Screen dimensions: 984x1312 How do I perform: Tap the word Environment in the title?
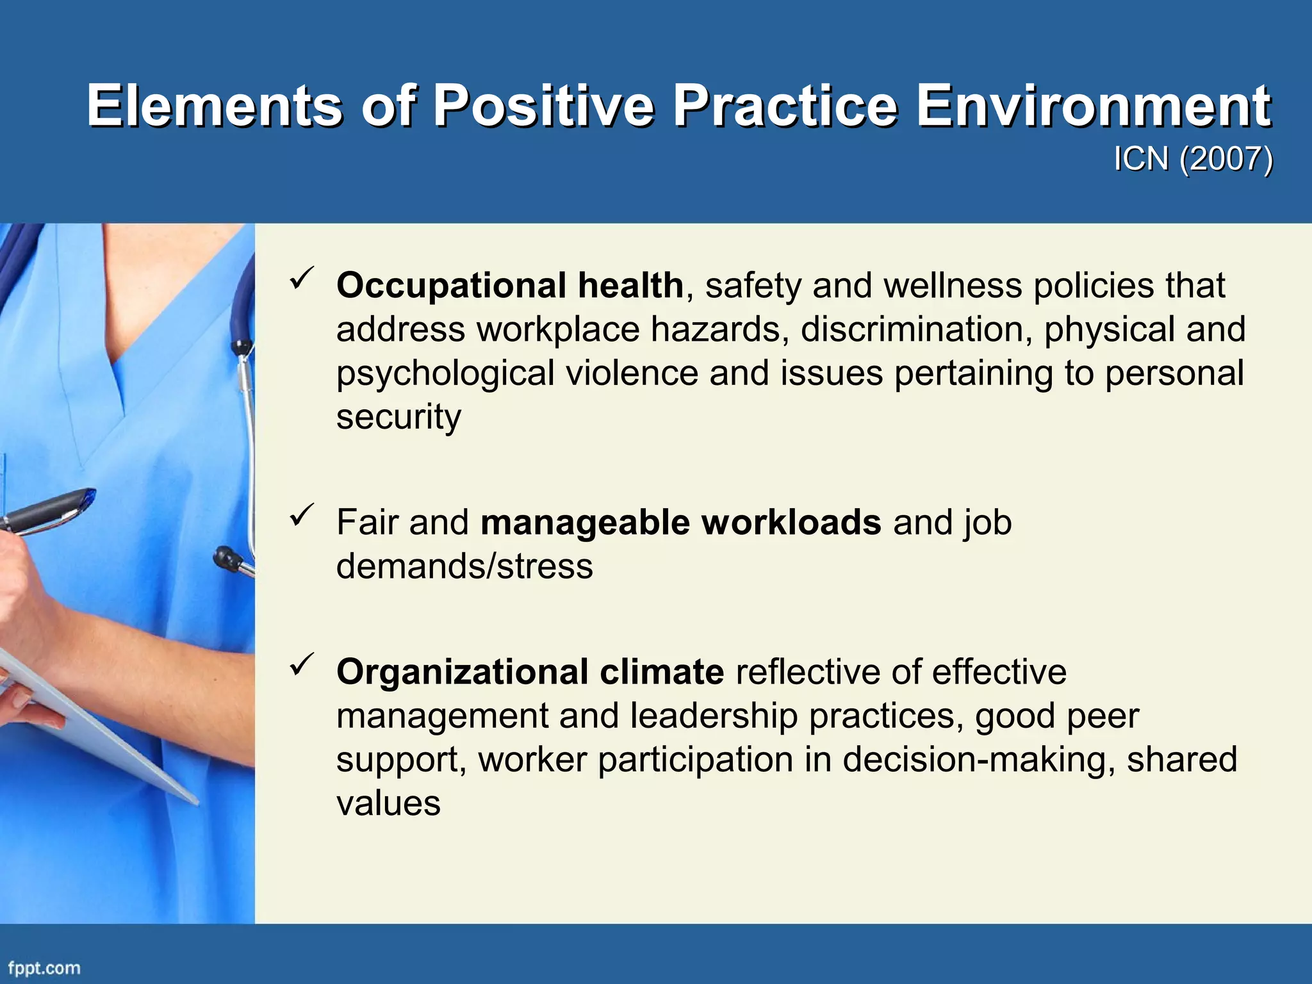click(x=1093, y=106)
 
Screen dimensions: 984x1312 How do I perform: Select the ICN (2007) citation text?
click(x=1193, y=158)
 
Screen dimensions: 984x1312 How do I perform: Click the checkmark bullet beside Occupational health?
click(x=301, y=279)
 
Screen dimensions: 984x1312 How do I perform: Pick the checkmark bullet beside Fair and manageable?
click(x=301, y=516)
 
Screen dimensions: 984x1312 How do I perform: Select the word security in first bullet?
click(x=398, y=417)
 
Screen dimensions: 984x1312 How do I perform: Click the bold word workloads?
click(x=791, y=522)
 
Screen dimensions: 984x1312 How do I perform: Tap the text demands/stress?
click(x=464, y=566)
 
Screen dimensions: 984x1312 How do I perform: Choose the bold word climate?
click(x=661, y=672)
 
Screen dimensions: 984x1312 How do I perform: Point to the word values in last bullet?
click(x=388, y=803)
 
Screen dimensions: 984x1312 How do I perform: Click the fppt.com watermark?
click(x=44, y=968)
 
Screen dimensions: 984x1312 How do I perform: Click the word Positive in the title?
click(x=544, y=106)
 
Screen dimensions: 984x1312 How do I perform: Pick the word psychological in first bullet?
click(x=445, y=373)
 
